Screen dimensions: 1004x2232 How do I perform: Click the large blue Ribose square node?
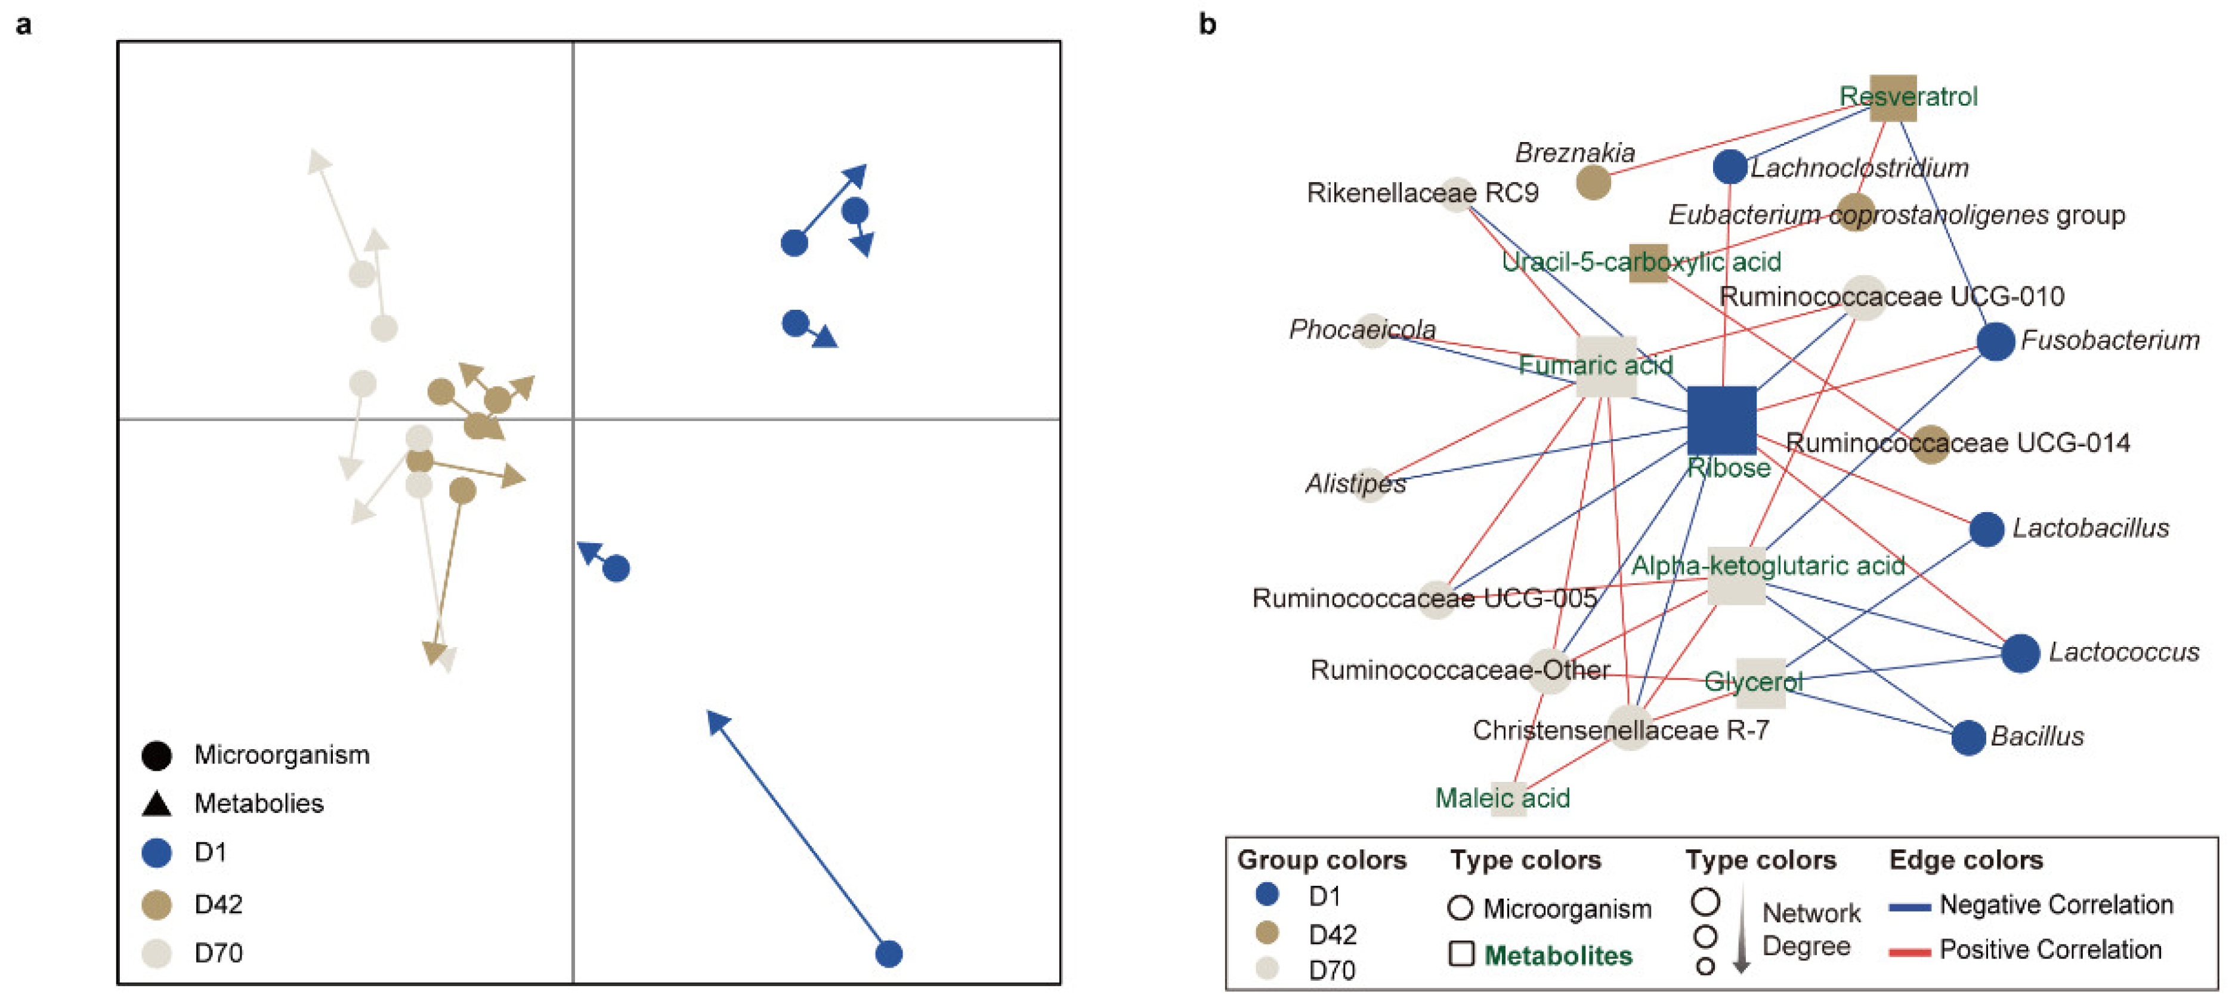[1721, 420]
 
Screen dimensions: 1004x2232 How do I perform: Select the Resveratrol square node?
[1893, 98]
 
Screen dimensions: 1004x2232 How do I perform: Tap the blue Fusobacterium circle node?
[1995, 341]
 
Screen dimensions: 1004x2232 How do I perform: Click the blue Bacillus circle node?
[1968, 738]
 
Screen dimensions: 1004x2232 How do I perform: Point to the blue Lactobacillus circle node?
[1986, 529]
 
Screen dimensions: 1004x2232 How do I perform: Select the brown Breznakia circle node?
[1593, 182]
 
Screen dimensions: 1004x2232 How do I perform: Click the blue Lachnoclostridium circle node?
[1729, 167]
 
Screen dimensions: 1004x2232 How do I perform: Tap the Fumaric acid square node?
[1606, 366]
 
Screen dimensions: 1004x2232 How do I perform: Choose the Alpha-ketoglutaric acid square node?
[1736, 575]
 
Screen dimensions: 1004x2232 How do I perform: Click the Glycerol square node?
[1760, 682]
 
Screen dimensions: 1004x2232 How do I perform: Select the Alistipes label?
[1355, 483]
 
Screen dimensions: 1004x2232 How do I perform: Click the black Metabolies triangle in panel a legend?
[157, 803]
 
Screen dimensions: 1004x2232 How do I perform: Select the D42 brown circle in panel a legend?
[157, 904]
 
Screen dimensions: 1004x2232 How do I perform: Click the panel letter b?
[1207, 24]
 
